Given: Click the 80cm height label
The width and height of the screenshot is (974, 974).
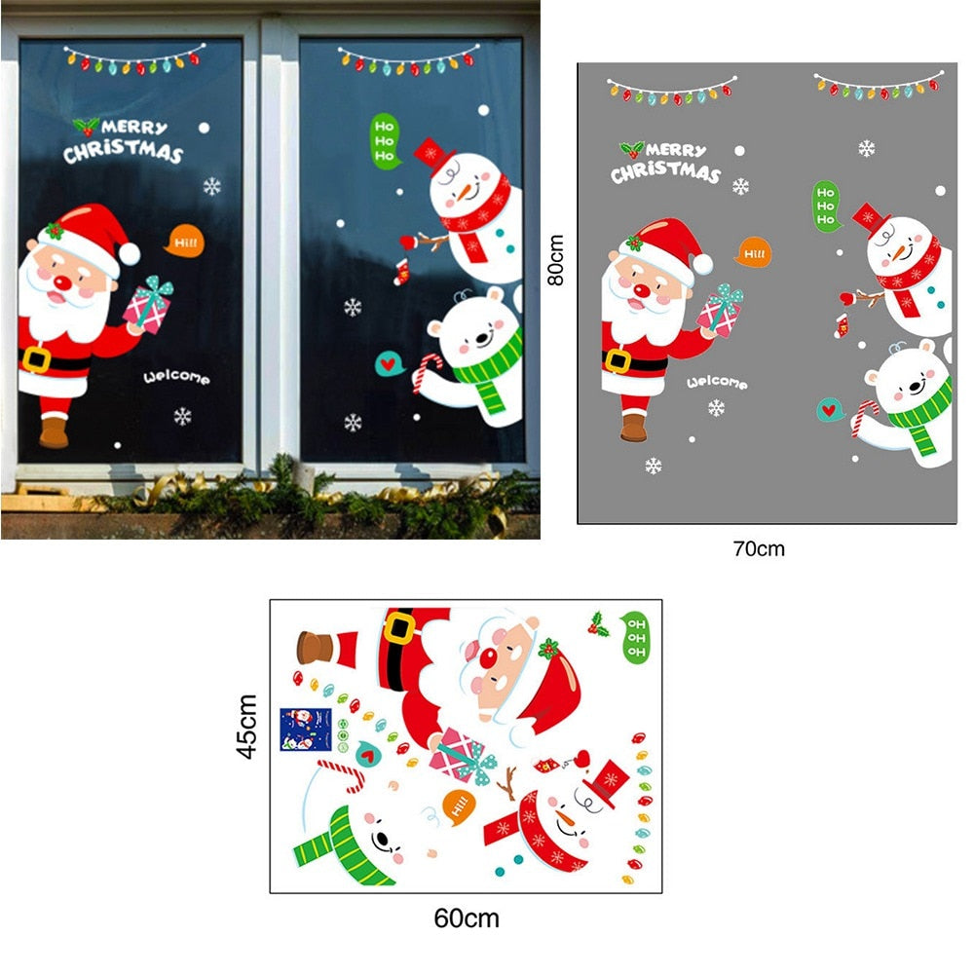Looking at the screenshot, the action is [x=555, y=260].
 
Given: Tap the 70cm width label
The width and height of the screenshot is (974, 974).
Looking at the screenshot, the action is [x=759, y=549].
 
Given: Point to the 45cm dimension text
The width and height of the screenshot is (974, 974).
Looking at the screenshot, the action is [x=247, y=727].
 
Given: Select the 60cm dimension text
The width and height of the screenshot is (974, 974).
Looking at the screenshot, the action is [x=466, y=918].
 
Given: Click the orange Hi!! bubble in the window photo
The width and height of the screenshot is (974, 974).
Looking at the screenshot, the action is [x=183, y=241].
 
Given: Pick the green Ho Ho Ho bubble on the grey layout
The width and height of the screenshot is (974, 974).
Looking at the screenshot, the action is [x=826, y=206].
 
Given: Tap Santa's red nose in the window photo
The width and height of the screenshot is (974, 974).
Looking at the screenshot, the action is [x=62, y=282].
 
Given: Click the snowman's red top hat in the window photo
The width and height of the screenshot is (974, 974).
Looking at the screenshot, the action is [x=433, y=155].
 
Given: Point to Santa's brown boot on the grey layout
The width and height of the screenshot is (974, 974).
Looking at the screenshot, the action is [x=634, y=427].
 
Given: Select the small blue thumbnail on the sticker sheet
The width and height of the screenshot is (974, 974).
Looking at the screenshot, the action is [x=305, y=730].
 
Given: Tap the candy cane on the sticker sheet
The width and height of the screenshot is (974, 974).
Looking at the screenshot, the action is [x=344, y=774].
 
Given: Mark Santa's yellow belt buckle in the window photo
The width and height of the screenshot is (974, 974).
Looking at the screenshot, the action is [x=37, y=358].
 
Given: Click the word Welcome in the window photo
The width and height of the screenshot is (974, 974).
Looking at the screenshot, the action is [x=176, y=377].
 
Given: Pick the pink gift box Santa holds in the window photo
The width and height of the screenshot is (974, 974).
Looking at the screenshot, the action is [x=148, y=306].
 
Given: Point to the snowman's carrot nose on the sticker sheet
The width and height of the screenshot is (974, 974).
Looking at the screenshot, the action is [x=566, y=820].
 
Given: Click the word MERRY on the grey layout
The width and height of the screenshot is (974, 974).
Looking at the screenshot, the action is [x=676, y=150].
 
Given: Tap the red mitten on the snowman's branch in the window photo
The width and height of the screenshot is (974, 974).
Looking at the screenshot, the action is [x=407, y=242].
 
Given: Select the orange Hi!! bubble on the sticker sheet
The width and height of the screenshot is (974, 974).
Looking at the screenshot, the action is [x=459, y=806].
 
